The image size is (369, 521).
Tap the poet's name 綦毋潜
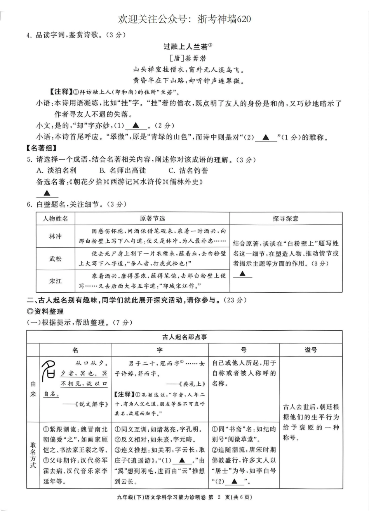188,59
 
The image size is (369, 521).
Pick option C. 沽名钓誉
188,170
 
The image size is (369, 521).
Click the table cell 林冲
55,236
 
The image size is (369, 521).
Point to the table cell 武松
55,259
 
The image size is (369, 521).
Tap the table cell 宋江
55,281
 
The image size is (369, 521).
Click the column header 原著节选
152,219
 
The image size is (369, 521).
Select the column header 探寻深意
285,219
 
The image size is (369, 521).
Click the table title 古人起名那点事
184,337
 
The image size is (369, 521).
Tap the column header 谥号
311,350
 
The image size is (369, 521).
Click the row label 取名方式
33,455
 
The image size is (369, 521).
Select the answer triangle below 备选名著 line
47,193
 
